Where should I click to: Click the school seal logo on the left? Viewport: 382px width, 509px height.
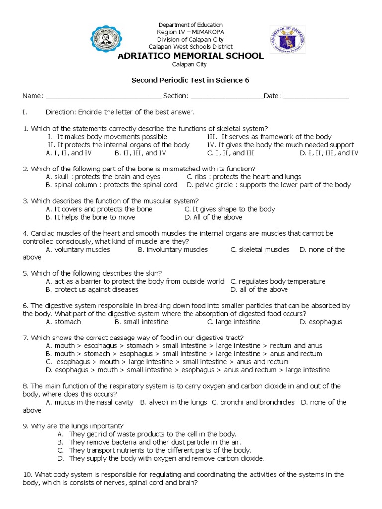(x=105, y=40)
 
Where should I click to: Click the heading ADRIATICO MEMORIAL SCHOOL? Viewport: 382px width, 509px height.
(x=190, y=56)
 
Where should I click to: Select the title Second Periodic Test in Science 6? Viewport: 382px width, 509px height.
(x=190, y=80)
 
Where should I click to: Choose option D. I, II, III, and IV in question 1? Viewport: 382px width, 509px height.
(x=328, y=153)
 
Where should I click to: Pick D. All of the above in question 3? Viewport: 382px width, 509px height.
(x=213, y=217)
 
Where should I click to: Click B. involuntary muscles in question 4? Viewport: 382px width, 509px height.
(x=173, y=250)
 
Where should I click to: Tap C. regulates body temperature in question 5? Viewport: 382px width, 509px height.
(x=278, y=281)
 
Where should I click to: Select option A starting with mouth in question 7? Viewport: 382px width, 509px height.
(x=184, y=346)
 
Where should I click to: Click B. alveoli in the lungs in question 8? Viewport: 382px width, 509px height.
(x=174, y=402)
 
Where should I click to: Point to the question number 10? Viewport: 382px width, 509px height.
(x=27, y=475)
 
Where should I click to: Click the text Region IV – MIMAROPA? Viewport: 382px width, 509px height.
(x=190, y=32)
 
